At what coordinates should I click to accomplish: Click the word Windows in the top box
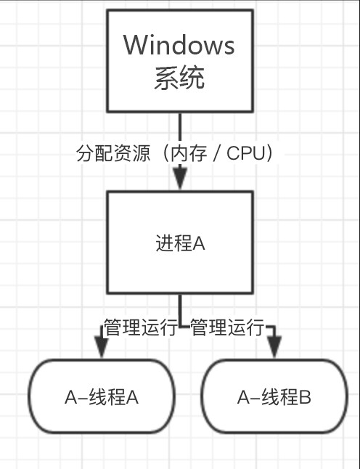tap(179, 45)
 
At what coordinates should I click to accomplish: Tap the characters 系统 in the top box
tap(179, 77)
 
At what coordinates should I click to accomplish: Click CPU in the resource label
tap(245, 154)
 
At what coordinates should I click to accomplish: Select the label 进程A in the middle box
tap(180, 243)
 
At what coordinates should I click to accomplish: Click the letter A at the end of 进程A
tap(199, 243)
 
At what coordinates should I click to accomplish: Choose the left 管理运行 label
tap(140, 327)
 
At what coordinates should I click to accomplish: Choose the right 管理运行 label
tap(226, 327)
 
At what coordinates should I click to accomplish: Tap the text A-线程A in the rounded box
tap(102, 397)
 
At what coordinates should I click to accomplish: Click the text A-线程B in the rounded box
tap(274, 397)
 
